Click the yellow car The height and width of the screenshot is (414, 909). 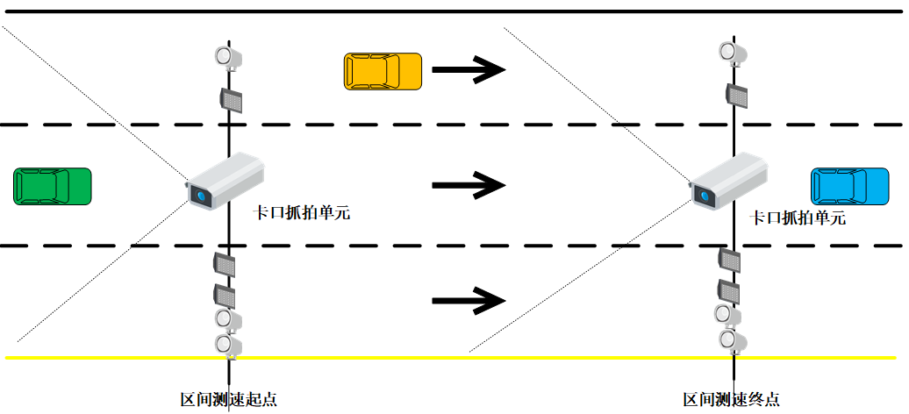(x=382, y=71)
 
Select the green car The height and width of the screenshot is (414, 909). (x=53, y=186)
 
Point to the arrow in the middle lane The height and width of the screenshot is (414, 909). (x=469, y=185)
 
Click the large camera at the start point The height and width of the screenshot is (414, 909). (x=225, y=181)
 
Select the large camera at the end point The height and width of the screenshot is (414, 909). (x=729, y=181)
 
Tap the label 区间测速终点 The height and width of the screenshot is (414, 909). (x=731, y=399)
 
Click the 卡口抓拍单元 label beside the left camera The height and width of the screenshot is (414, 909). (x=302, y=212)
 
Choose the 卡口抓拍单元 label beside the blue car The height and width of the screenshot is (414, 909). (x=798, y=218)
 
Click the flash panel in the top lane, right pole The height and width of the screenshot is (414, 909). (x=736, y=94)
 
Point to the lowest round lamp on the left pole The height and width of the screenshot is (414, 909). (x=229, y=343)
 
